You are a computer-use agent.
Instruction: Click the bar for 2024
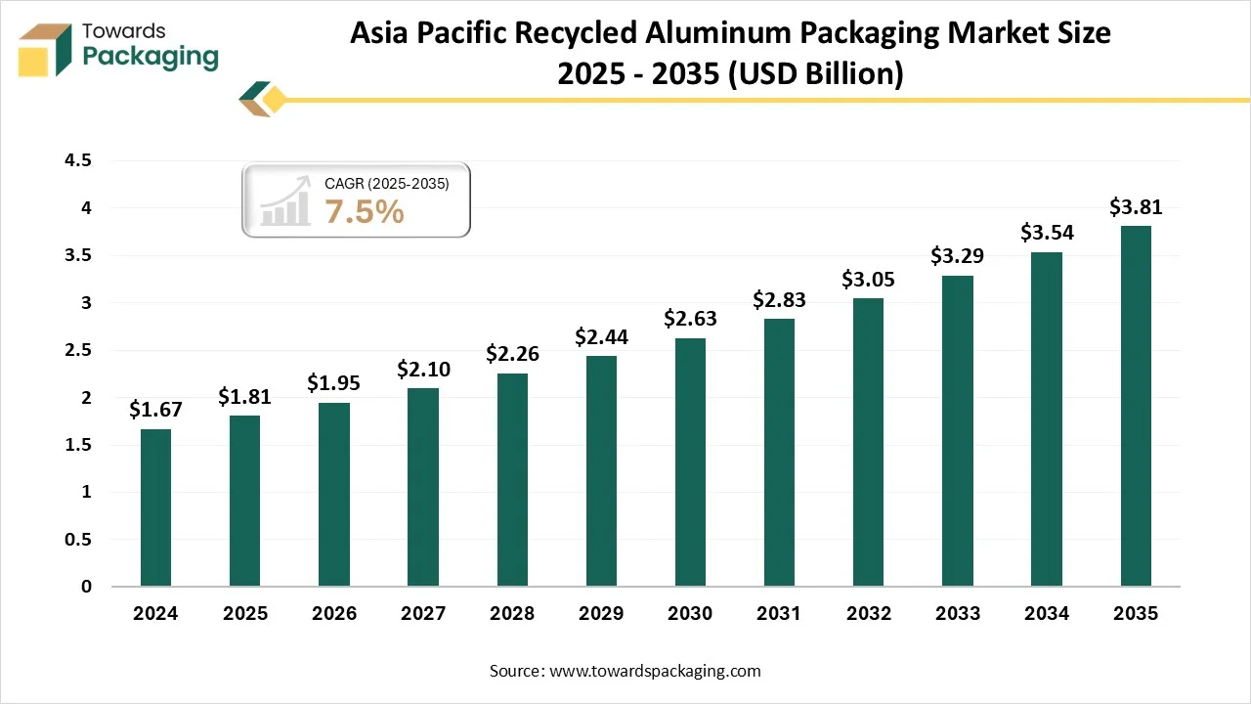click(155, 507)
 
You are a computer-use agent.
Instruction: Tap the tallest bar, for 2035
click(1136, 406)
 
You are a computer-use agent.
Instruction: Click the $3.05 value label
click(868, 280)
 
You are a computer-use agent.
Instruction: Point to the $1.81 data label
click(244, 396)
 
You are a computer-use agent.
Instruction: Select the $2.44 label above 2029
click(601, 337)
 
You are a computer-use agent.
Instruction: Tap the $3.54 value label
click(1047, 233)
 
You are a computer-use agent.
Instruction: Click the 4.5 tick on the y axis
click(77, 160)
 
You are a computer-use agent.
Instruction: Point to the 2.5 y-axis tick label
click(77, 350)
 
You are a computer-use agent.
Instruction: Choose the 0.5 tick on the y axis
click(77, 540)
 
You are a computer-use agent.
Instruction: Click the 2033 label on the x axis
click(958, 614)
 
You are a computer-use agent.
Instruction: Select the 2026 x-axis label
click(333, 614)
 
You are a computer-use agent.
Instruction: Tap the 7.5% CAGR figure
click(365, 211)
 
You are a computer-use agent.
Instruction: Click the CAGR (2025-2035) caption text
click(387, 183)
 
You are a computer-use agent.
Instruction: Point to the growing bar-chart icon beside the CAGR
click(285, 201)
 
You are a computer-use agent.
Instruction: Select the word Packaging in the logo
click(151, 58)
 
